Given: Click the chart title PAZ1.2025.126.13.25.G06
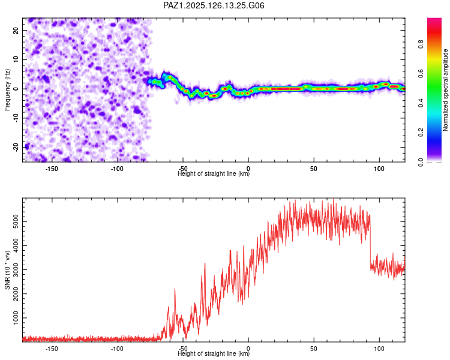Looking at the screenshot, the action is [214, 5].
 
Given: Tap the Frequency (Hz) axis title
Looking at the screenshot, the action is [7, 90].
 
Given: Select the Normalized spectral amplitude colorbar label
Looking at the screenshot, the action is [445, 90].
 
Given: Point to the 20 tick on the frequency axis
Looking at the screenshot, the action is [16, 30].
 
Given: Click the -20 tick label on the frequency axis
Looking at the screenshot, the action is [16, 147].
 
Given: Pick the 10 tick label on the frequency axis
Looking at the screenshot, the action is [16, 59].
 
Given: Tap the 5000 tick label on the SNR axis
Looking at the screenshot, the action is [16, 221].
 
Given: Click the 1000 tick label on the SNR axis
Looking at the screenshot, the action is [16, 318].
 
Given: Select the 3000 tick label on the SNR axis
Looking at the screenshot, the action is [16, 270].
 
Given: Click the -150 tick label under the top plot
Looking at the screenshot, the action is [52, 169].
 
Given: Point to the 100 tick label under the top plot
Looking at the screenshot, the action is [379, 169].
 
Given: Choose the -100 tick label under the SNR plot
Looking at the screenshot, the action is [117, 349].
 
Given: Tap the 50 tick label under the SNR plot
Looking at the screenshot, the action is [314, 349].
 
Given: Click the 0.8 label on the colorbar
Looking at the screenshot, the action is [421, 44].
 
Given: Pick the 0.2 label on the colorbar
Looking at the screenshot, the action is [421, 133].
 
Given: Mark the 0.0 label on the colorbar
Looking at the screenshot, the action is [421, 162].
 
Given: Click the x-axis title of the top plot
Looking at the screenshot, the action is [214, 173].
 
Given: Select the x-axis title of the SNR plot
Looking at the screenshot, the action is [214, 353].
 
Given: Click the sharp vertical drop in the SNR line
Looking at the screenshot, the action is [370, 241].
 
